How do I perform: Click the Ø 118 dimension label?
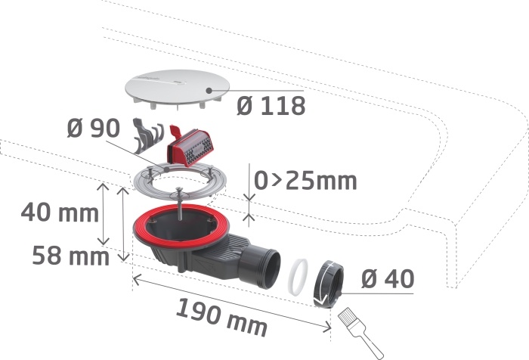click(271, 106)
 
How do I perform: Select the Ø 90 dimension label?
click(94, 128)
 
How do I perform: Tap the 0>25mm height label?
click(305, 181)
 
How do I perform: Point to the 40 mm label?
click(60, 213)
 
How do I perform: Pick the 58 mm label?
click(71, 256)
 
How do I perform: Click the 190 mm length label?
click(221, 317)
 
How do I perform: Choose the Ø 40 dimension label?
click(387, 279)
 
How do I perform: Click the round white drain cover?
click(177, 88)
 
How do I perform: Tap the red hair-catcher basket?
click(191, 146)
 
